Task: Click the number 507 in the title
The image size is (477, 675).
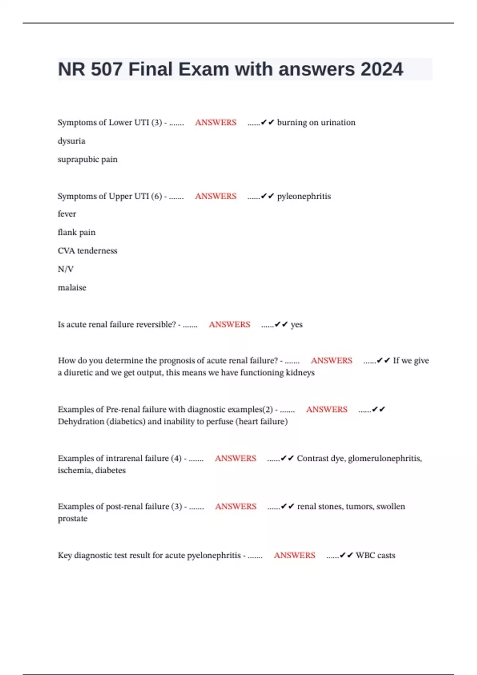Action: click(107, 69)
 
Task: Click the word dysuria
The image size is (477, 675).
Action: click(72, 141)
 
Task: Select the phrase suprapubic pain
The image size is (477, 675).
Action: click(87, 159)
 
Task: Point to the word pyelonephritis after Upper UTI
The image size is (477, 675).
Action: click(304, 196)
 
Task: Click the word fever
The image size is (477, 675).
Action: click(67, 214)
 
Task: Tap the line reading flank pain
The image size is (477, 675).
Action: click(76, 232)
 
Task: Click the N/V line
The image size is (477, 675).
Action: click(66, 269)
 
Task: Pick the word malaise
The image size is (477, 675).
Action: click(72, 287)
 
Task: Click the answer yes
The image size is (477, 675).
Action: click(297, 324)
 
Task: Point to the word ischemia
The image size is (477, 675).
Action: click(70, 470)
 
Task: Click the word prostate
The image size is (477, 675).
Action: click(72, 519)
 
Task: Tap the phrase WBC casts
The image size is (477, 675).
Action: click(375, 555)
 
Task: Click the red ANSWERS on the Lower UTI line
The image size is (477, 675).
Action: click(215, 122)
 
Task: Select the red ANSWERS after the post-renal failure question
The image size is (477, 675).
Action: click(236, 506)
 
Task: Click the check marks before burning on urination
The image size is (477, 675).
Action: click(268, 122)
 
